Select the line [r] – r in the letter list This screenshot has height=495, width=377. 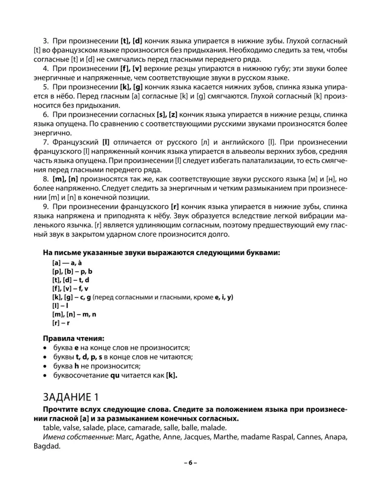61,323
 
